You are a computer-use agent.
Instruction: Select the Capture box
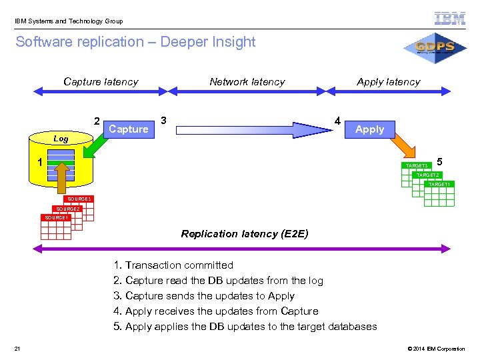point(129,129)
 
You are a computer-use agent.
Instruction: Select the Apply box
point(369,129)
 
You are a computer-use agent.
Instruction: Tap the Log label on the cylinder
point(61,139)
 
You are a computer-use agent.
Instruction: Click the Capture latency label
point(101,82)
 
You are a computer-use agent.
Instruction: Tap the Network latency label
point(247,82)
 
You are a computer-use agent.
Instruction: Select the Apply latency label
point(388,82)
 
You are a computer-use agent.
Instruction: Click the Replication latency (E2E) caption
point(245,234)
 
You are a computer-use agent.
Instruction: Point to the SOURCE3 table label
point(78,199)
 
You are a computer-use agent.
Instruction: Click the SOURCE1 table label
point(56,217)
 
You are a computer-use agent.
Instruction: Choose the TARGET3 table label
point(417,165)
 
